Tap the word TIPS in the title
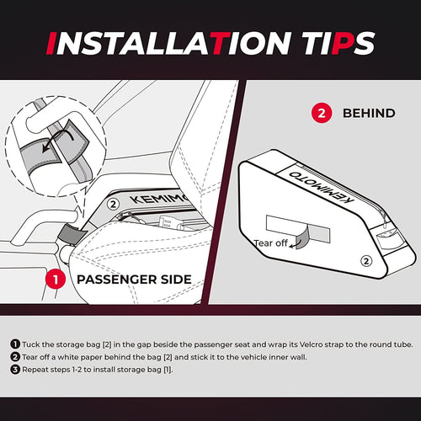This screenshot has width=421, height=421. [x=338, y=43]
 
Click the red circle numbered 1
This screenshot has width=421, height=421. [x=56, y=280]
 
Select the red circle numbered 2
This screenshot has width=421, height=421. [x=322, y=114]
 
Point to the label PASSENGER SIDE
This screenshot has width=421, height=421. [x=134, y=280]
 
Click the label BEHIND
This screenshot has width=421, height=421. [x=369, y=114]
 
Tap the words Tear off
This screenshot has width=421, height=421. [x=270, y=243]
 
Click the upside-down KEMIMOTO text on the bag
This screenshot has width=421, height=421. [x=321, y=186]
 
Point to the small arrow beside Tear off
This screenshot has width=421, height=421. [x=294, y=245]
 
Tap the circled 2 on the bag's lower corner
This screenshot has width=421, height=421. [x=366, y=261]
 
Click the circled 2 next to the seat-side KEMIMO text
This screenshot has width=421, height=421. [x=113, y=205]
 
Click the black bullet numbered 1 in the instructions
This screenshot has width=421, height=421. [x=15, y=344]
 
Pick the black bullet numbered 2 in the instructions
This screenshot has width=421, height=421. [x=15, y=357]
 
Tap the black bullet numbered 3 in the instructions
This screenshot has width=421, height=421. [x=15, y=370]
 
